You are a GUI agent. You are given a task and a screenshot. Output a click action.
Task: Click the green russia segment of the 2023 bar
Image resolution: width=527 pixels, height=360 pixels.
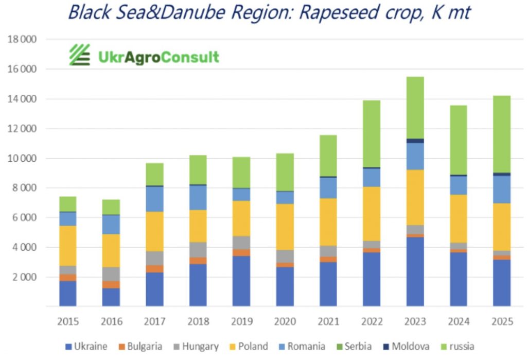(x=415, y=107)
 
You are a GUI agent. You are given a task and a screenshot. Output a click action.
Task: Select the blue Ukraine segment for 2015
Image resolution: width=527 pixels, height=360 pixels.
(x=67, y=293)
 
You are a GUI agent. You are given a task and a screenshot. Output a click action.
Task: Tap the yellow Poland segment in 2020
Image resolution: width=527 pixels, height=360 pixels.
(x=285, y=227)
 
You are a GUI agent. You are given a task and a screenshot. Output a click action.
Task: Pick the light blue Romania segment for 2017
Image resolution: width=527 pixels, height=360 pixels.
(x=154, y=199)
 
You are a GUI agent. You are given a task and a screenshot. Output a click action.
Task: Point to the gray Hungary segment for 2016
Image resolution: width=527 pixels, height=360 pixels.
(x=111, y=274)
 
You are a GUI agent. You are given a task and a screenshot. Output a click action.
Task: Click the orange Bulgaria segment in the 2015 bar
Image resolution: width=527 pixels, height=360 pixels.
(x=67, y=278)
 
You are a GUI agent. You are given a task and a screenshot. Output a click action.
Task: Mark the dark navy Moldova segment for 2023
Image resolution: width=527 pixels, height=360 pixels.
(x=415, y=141)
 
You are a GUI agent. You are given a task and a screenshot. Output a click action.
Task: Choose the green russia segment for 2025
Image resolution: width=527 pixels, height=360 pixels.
(x=502, y=134)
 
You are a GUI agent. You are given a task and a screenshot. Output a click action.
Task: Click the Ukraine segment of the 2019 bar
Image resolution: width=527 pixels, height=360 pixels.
(x=241, y=281)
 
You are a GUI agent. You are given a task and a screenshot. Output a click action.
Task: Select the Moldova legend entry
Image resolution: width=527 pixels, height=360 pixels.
(x=405, y=347)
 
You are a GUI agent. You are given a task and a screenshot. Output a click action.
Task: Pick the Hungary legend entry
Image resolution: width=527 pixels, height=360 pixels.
(x=195, y=347)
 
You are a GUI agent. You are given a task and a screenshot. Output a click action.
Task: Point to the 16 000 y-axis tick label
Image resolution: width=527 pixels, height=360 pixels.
(x=26, y=69)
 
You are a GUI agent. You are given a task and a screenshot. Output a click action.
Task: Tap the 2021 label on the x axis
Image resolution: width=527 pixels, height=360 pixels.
(x=328, y=322)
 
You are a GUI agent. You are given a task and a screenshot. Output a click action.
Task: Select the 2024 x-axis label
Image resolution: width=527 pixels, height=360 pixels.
(x=459, y=322)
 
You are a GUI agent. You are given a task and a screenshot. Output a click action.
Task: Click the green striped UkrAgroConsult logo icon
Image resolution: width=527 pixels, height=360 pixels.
(x=80, y=55)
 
